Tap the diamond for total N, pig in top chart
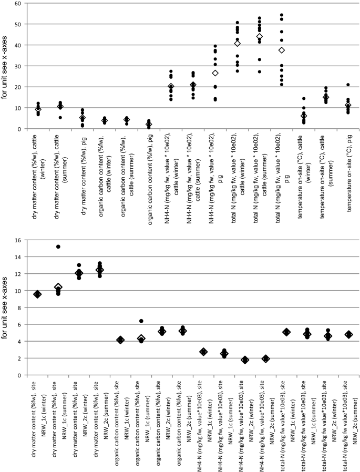pyautogui.click(x=282, y=50)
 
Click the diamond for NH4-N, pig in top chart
pyautogui.click(x=215, y=73)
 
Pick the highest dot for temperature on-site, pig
pyautogui.click(x=348, y=85)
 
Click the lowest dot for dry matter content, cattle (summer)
pyautogui.click(x=60, y=118)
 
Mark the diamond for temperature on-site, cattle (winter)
pyautogui.click(x=304, y=116)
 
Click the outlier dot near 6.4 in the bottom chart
pyautogui.click(x=141, y=321)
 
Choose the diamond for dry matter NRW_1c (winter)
pyautogui.click(x=37, y=294)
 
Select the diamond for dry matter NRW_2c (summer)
pyautogui.click(x=99, y=270)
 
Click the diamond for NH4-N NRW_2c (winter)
pyautogui.click(x=244, y=360)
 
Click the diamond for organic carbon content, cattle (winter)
pyautogui.click(x=105, y=121)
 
